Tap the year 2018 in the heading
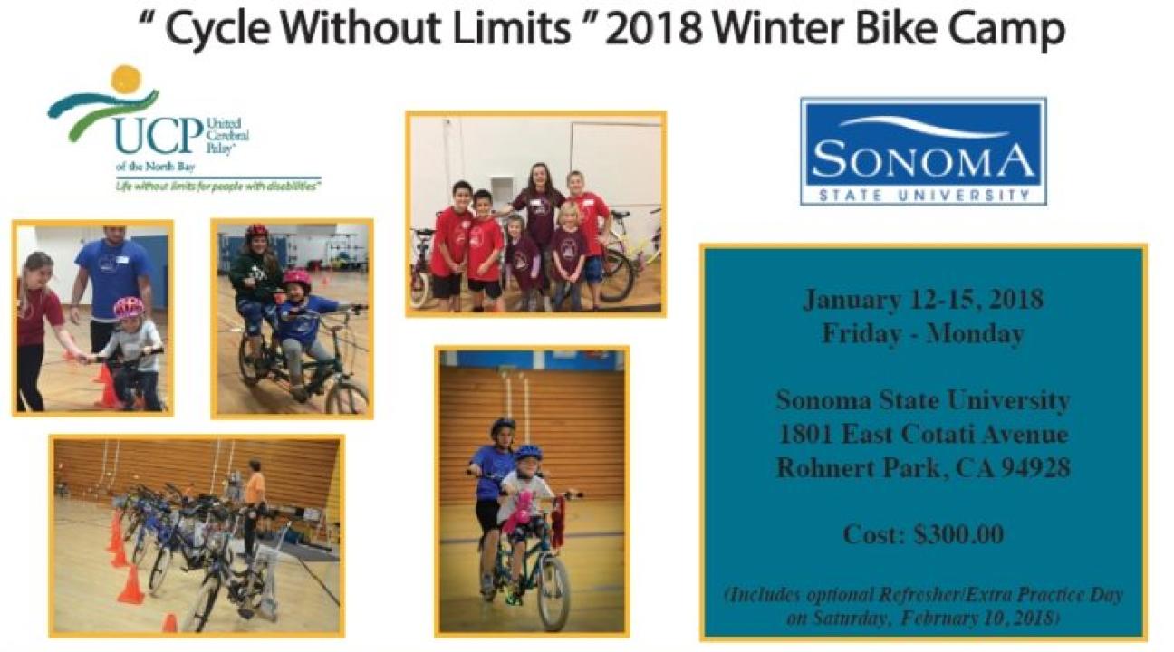657,29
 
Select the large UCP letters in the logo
159,136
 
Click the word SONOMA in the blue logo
922,161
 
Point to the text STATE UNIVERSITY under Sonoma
923,196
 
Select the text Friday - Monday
923,334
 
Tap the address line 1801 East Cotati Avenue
923,435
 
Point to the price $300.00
958,534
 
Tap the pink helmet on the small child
128,308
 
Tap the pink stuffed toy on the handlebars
519,512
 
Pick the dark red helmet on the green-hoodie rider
257,231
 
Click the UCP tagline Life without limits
218,187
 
